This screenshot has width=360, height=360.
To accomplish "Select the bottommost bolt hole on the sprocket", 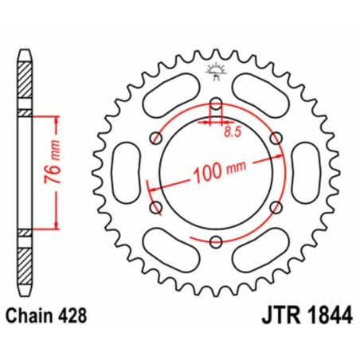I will pos(216,241).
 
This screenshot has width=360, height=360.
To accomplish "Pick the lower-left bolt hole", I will pos(156,207).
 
